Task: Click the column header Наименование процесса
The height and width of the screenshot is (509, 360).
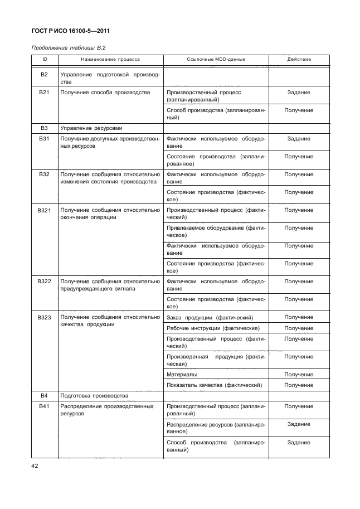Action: pos(110,59)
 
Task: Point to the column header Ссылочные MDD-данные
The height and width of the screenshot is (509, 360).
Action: pos(216,59)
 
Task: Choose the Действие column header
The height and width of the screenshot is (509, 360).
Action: pos(299,59)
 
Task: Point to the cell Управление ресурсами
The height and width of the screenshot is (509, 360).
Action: pos(91,128)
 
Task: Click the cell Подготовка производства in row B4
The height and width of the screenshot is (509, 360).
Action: pos(94,396)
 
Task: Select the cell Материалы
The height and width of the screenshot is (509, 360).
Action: pos(181,375)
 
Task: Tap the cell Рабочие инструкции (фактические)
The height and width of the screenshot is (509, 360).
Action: pos(213,328)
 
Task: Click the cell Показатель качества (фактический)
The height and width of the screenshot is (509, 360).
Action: pos(214,385)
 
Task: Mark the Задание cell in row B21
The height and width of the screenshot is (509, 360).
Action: pos(299,93)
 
